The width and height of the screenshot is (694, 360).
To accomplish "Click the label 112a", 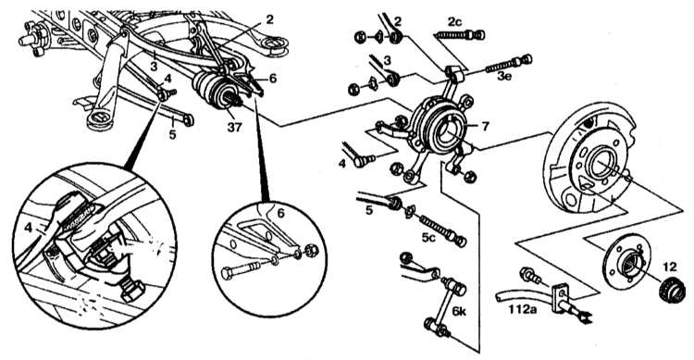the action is (x=523, y=308).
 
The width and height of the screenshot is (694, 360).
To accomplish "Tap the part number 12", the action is (x=670, y=267).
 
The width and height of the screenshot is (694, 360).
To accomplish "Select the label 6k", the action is (x=459, y=311).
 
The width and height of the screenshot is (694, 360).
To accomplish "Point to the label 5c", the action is (x=428, y=237).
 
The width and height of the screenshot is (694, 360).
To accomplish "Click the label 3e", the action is (x=503, y=76).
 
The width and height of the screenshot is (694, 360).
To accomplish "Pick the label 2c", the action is (x=453, y=20).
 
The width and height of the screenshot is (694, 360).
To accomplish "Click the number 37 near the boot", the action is (x=234, y=128).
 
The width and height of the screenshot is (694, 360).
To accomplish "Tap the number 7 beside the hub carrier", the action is (x=485, y=126).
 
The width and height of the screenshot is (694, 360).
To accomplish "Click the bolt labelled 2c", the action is (x=460, y=34).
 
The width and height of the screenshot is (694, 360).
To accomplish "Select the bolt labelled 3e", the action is (x=509, y=64).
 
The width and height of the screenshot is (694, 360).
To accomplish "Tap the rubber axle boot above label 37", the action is (x=212, y=91).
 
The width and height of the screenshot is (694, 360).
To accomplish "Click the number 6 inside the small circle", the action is (x=280, y=214).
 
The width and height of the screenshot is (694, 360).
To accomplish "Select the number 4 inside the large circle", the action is (x=28, y=229).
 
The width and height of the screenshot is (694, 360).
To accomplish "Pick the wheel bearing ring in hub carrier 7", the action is (x=446, y=130).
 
